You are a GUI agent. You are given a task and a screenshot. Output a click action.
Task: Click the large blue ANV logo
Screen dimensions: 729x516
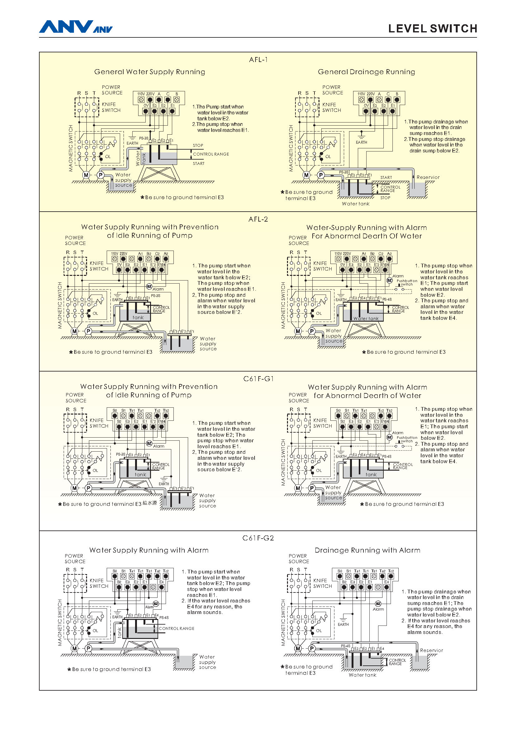pyautogui.click(x=66, y=27)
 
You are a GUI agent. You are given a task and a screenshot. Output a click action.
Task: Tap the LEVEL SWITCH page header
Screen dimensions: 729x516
pyautogui.click(x=432, y=29)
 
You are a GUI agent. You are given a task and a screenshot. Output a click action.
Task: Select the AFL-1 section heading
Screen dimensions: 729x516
pyautogui.click(x=258, y=60)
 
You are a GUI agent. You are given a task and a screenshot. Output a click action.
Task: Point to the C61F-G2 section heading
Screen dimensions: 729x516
pyautogui.click(x=258, y=538)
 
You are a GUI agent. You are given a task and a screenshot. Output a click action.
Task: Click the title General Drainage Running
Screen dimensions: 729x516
pyautogui.click(x=366, y=72)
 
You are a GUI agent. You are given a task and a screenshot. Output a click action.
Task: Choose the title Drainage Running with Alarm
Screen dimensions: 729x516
pyautogui.click(x=367, y=550)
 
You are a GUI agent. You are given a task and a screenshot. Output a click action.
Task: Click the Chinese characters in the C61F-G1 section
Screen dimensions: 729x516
pyautogui.click(x=150, y=503)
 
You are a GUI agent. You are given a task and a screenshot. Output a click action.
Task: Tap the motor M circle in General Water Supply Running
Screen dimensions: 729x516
pyautogui.click(x=86, y=175)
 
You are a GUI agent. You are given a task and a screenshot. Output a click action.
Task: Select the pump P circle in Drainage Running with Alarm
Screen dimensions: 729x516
pyautogui.click(x=312, y=649)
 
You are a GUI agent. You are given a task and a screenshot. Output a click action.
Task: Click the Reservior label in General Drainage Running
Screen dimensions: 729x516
pyautogui.click(x=428, y=177)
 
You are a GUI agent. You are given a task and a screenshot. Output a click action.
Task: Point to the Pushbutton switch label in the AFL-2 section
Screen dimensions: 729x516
pyautogui.click(x=407, y=282)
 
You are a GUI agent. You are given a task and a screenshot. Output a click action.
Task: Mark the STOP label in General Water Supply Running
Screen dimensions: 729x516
pyautogui.click(x=198, y=146)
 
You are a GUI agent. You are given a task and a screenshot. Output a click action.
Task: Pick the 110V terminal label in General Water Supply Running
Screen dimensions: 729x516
pyautogui.click(x=141, y=94)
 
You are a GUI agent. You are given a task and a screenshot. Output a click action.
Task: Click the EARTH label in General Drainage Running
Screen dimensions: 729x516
pyautogui.click(x=361, y=142)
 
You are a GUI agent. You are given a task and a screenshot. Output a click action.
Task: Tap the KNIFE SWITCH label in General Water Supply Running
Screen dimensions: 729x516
pyautogui.click(x=111, y=107)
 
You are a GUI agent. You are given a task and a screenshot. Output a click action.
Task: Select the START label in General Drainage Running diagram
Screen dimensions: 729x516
pyautogui.click(x=386, y=177)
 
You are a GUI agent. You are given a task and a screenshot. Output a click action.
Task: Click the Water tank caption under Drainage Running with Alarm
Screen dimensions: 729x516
pyautogui.click(x=362, y=675)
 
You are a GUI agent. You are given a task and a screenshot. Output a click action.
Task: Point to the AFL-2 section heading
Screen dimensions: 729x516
pyautogui.click(x=258, y=219)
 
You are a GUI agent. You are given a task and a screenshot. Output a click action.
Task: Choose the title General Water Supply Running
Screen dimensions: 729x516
pyautogui.click(x=149, y=72)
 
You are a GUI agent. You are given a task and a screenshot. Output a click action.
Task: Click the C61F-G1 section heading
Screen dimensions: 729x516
pyautogui.click(x=258, y=379)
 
